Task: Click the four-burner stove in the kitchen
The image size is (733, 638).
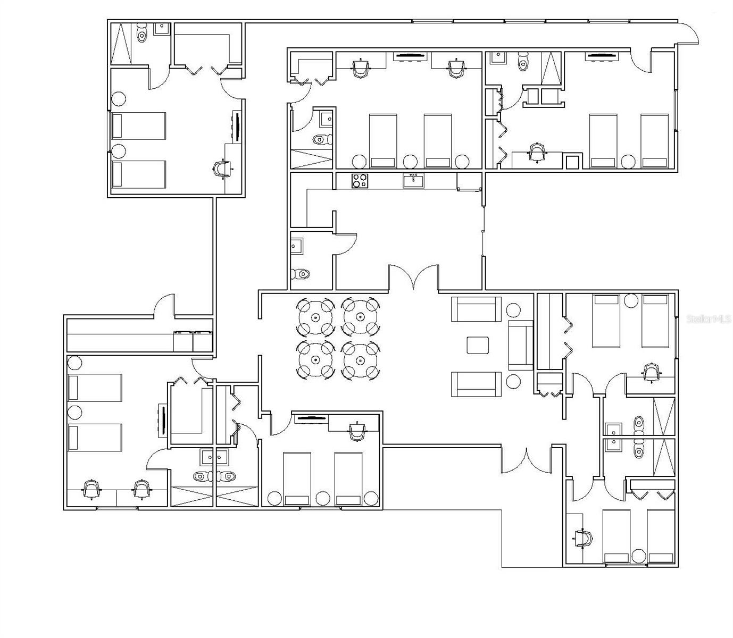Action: coord(360,180)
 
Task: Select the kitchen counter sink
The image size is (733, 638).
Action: coord(413,180)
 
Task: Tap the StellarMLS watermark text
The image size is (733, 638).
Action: coord(709,319)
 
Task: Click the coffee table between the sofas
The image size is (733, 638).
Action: coord(478,345)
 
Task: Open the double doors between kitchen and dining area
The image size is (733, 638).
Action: coord(413,278)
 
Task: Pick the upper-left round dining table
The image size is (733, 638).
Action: coord(315,317)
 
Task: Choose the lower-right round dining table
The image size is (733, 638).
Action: coord(361,360)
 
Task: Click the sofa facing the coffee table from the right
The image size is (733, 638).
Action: coord(521,345)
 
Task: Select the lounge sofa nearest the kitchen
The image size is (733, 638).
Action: coord(476,309)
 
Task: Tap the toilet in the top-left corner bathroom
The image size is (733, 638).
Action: coord(142,33)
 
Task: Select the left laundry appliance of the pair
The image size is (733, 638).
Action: coord(183,341)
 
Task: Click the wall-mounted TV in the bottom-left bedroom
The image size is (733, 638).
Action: coord(163,421)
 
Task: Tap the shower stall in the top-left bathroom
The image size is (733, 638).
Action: coord(121,44)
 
